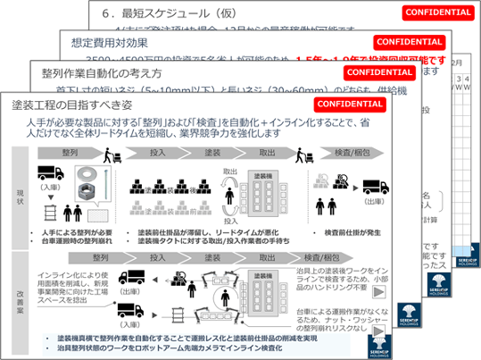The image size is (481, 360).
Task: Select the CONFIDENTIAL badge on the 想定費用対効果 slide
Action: [x=409, y=42]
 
